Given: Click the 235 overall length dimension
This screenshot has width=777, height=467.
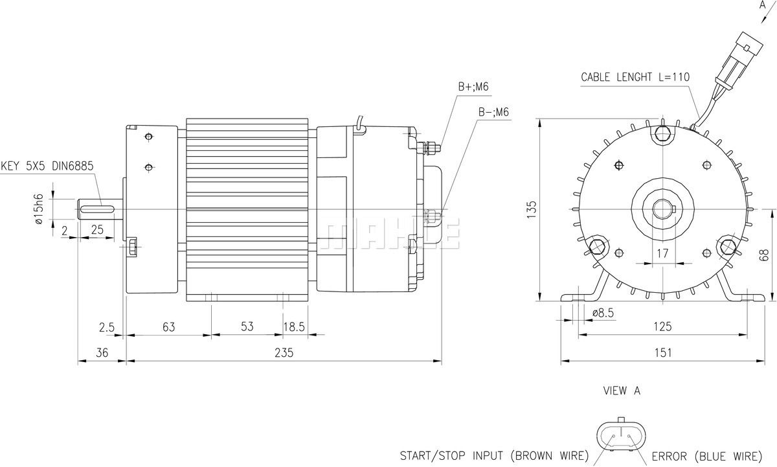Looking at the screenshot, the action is [x=284, y=352].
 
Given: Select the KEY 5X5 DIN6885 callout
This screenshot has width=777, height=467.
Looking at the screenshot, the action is [x=47, y=166].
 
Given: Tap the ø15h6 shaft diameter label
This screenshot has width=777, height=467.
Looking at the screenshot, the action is [x=39, y=209].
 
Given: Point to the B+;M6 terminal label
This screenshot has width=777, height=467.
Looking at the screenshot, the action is [x=473, y=86].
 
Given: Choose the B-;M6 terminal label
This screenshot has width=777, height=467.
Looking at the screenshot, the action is [x=493, y=112].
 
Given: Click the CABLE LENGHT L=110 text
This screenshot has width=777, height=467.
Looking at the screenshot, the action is [x=635, y=77].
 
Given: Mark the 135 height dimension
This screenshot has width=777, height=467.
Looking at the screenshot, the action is [x=531, y=210].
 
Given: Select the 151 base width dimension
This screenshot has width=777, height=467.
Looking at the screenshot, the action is [x=663, y=352].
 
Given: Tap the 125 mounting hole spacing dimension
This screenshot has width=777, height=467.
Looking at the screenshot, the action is [x=662, y=326].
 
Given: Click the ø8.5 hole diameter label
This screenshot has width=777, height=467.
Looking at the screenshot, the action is [x=603, y=313].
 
